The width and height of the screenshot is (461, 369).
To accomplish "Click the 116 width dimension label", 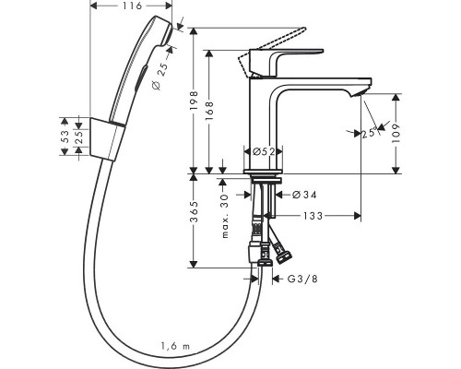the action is (x=132, y=6).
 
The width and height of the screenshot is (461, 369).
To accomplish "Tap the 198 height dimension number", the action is (x=195, y=101).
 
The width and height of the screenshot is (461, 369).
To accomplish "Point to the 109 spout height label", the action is (x=396, y=133).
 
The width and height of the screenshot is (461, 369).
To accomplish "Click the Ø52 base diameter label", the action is (x=264, y=151).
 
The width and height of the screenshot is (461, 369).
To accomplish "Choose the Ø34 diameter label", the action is (x=304, y=195).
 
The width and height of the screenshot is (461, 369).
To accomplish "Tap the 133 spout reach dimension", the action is (x=313, y=216).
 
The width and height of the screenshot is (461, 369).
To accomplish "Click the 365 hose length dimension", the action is (x=195, y=211).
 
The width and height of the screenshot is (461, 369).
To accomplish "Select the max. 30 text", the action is (x=225, y=216).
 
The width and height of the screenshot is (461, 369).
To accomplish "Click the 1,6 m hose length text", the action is (x=175, y=346).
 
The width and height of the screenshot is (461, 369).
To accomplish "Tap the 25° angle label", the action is (x=369, y=133).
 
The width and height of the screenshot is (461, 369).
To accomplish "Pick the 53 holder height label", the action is (x=65, y=137).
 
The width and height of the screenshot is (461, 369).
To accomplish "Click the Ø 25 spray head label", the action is (x=160, y=76).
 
